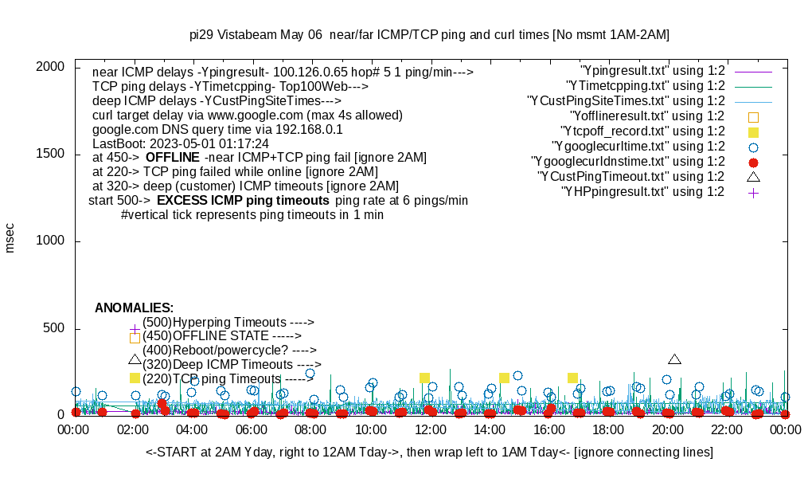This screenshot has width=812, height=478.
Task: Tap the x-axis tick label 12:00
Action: click(430, 430)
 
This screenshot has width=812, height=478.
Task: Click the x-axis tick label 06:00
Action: click(252, 430)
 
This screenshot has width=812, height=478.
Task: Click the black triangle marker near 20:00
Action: click(674, 360)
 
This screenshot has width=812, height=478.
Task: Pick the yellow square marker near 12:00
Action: click(424, 378)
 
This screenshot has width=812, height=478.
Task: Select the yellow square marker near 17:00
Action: click(572, 378)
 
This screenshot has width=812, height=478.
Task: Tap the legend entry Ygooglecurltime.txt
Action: click(638, 147)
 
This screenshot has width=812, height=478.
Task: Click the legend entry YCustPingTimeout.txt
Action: click(630, 177)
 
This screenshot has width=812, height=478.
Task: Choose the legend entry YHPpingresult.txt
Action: click(642, 192)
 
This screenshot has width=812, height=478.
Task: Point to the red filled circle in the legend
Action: click(753, 162)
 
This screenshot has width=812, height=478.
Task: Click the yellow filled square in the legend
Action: click(753, 131)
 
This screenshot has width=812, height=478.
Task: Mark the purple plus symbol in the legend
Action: click(753, 192)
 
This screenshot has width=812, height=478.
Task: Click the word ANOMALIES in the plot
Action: click(134, 308)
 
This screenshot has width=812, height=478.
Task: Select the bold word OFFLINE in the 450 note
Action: click(173, 157)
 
